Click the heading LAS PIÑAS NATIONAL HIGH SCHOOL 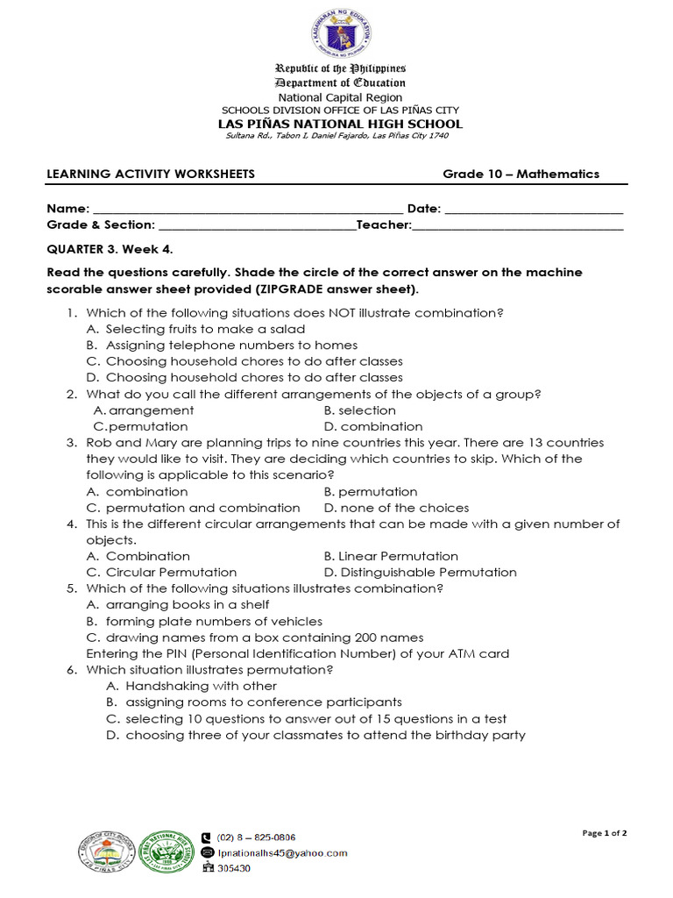(340, 124)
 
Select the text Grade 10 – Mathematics (521, 174)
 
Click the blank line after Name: (247, 210)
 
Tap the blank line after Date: (534, 210)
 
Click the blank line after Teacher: (517, 225)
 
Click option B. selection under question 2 (359, 410)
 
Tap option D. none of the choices (396, 508)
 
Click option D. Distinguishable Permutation (420, 572)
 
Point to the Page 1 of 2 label (605, 833)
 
